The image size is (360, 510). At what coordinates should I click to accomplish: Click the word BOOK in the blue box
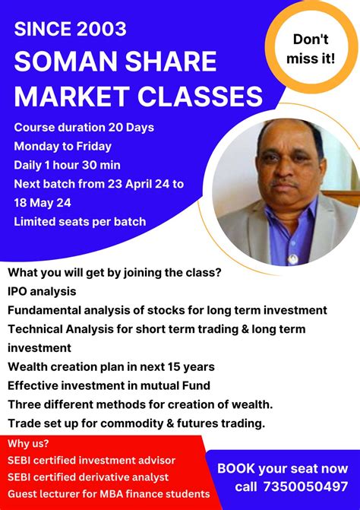click(236, 469)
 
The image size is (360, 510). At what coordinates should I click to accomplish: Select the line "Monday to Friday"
click(62, 145)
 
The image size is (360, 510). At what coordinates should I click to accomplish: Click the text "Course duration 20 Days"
click(84, 127)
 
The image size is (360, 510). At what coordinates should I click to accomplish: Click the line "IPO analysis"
click(43, 290)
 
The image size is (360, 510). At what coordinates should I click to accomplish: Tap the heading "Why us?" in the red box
click(30, 444)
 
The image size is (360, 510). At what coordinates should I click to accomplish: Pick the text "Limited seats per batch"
click(79, 222)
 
